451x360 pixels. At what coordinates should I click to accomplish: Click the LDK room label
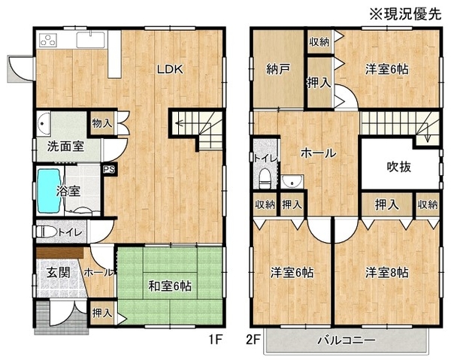point(170,69)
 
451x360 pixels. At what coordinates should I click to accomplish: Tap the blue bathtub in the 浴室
point(49,190)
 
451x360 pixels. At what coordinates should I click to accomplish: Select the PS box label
point(109,169)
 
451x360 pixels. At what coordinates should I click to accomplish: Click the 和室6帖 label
point(170,286)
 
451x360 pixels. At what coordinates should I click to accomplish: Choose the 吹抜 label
point(399,167)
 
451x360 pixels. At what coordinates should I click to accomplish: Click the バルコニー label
point(347,340)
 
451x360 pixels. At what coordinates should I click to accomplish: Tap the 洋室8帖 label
point(387,272)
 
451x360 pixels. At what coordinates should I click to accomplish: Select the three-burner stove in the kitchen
point(48,40)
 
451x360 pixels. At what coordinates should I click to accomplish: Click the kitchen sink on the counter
point(91,39)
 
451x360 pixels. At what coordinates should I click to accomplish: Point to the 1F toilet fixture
point(47,231)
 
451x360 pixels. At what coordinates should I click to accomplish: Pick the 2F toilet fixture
point(265,179)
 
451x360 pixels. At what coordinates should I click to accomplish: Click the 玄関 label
point(59,272)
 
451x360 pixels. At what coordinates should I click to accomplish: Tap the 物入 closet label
point(102,124)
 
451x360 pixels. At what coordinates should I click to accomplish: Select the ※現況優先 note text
point(406,14)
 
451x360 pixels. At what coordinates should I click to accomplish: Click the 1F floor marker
point(216,340)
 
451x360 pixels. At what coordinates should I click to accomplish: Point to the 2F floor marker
point(253,340)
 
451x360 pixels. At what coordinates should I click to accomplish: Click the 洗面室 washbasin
point(44,124)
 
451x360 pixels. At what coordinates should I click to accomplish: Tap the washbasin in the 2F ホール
point(292,181)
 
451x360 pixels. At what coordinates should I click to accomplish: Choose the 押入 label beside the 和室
point(102,313)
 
